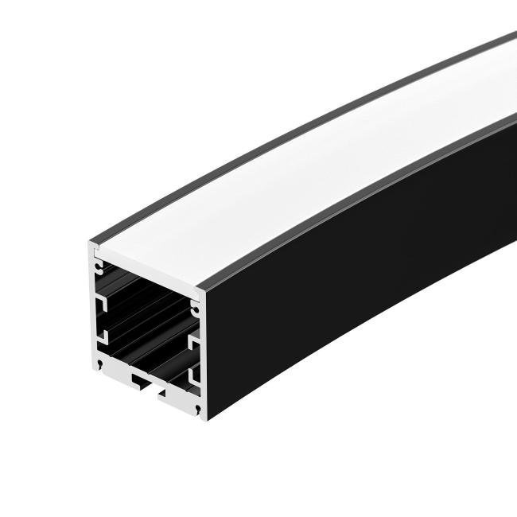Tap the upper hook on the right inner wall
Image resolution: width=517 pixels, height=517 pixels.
[x=192, y=340]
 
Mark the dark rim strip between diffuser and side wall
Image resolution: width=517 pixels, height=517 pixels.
[x=358, y=199]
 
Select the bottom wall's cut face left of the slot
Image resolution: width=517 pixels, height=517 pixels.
[x=115, y=370]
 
